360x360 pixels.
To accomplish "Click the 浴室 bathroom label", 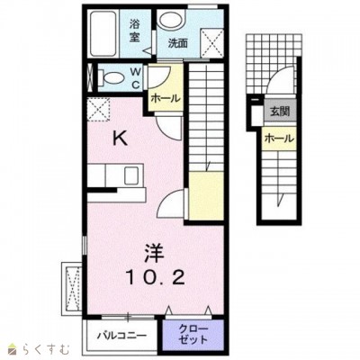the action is [x=134, y=31].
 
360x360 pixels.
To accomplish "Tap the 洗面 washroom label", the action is [x=177, y=44].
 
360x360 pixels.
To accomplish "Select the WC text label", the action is [x=136, y=78].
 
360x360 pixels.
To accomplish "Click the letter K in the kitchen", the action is [x=120, y=139].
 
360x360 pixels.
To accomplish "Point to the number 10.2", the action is [x=155, y=277].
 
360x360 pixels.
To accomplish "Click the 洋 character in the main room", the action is [x=155, y=252].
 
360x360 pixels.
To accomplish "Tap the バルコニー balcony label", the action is [x=122, y=335].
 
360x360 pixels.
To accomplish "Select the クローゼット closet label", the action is [x=193, y=334].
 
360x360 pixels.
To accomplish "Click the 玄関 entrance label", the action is [x=280, y=112].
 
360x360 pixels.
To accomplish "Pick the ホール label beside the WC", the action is [x=166, y=98].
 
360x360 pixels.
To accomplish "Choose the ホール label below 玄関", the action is [x=279, y=139].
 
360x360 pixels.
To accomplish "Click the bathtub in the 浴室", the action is [x=103, y=33].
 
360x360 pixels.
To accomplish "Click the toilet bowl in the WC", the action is [x=111, y=78].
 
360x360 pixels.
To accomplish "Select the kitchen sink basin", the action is [x=131, y=175].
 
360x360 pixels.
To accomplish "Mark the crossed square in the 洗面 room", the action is [x=212, y=42].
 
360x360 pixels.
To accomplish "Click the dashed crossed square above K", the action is [x=98, y=110].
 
